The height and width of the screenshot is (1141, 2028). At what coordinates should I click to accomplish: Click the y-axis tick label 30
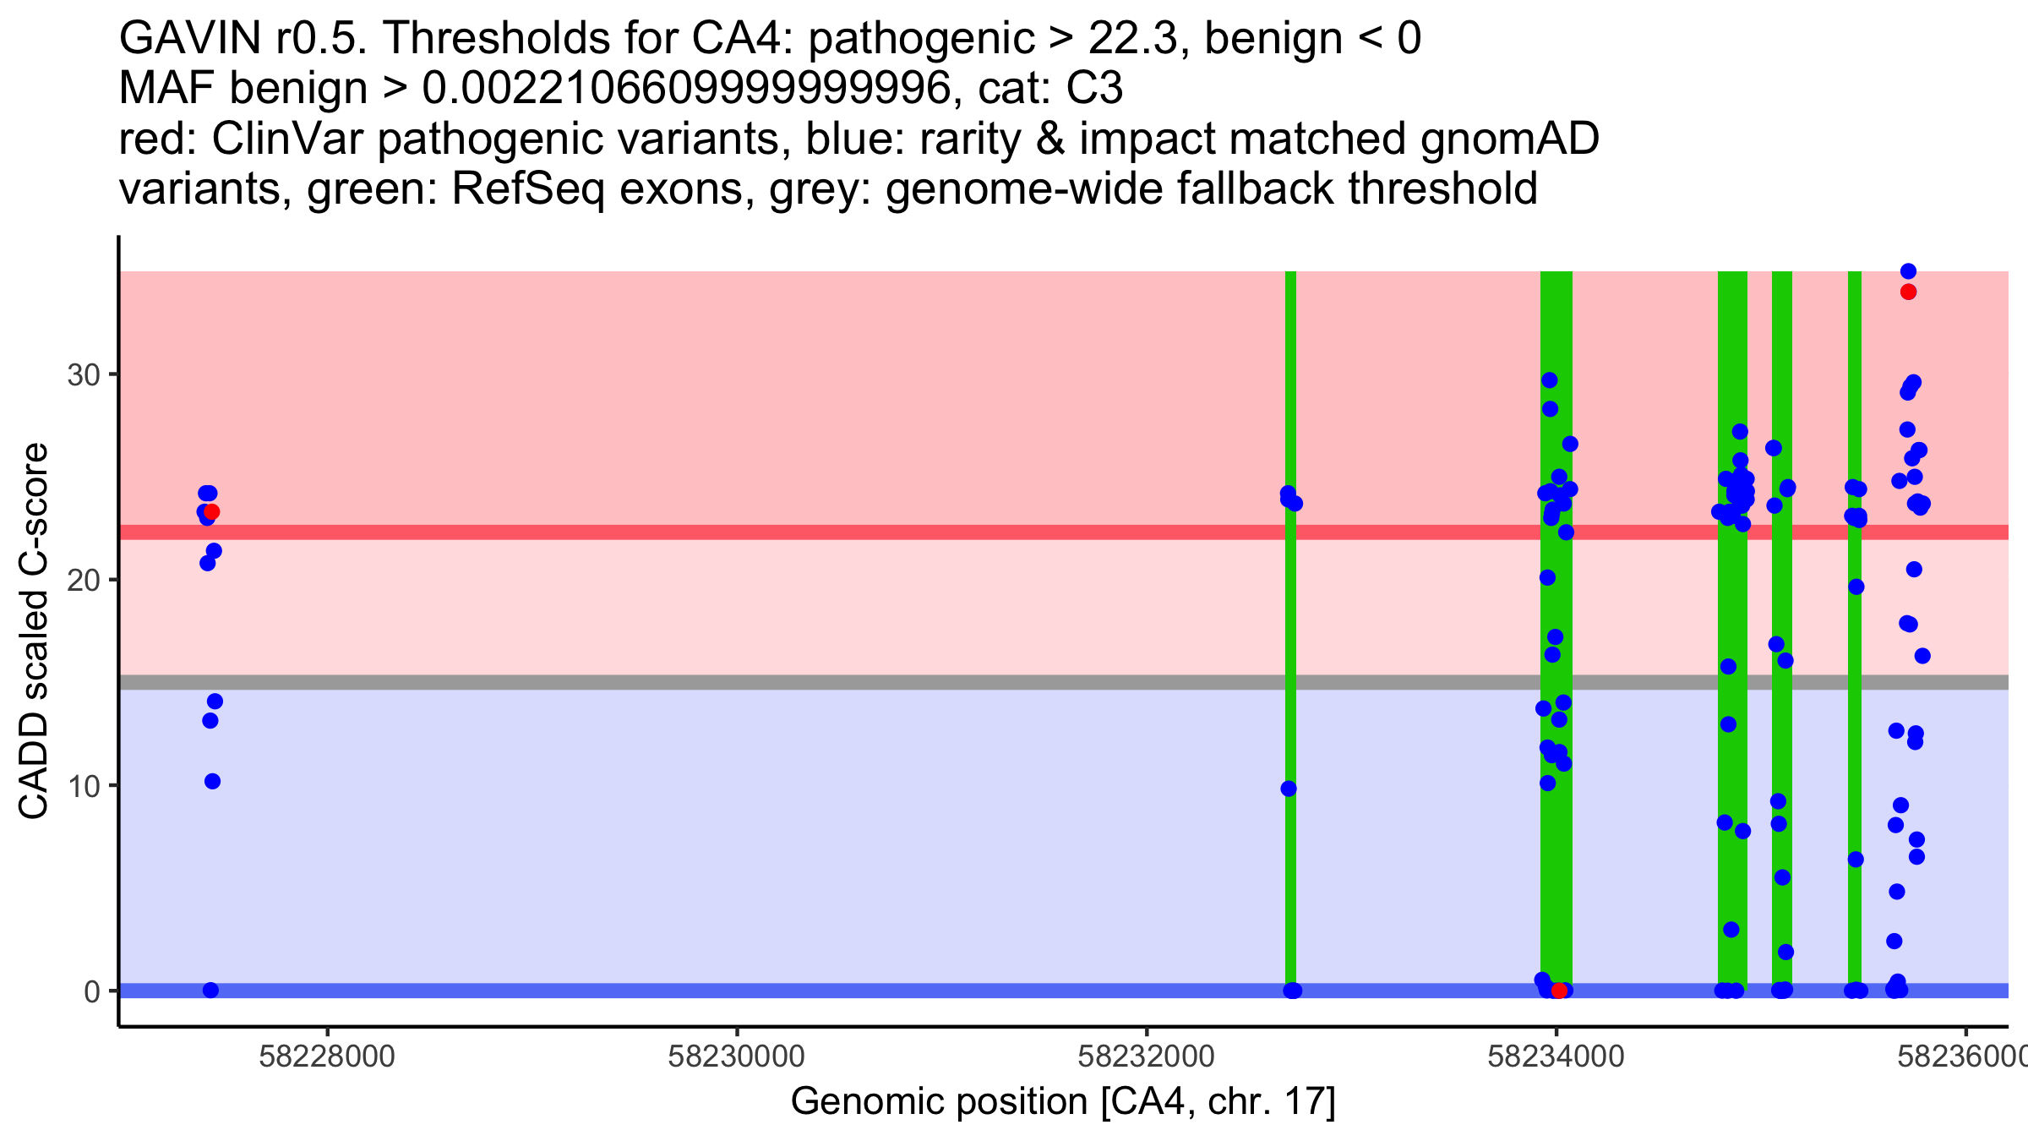[x=84, y=374]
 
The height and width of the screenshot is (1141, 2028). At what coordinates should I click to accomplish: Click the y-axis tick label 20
[x=84, y=580]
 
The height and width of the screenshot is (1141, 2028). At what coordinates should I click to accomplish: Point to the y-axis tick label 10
[x=84, y=786]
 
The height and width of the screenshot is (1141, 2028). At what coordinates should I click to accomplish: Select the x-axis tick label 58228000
[x=327, y=1056]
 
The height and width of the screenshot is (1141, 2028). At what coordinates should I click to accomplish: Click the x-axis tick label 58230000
[x=736, y=1056]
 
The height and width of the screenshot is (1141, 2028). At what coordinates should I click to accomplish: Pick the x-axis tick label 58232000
[x=1147, y=1056]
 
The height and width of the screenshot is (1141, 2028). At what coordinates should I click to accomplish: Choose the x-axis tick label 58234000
[x=1556, y=1056]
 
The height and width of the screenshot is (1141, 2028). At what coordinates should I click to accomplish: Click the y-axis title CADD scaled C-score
[x=34, y=631]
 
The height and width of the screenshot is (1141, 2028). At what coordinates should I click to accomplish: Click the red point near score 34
[x=1908, y=292]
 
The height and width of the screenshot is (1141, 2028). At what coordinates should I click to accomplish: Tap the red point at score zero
[x=1559, y=991]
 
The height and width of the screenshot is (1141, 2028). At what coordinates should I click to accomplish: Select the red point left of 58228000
[x=212, y=511]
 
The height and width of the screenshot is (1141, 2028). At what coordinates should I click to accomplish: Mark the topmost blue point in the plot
[x=1908, y=271]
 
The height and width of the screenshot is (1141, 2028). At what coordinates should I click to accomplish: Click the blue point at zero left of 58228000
[x=211, y=991]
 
